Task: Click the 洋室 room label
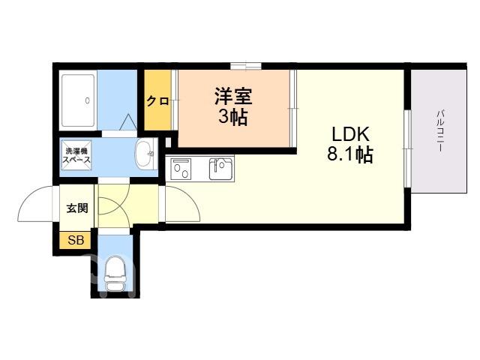(233, 97)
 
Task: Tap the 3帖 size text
(233, 117)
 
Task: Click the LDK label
(350, 134)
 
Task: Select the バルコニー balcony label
(440, 130)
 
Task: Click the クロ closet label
(157, 100)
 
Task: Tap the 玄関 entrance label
(77, 208)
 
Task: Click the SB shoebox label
(76, 240)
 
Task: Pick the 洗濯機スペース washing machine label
(76, 155)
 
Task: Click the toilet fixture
(115, 273)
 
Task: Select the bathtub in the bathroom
(78, 100)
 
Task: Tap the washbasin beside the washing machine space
(145, 154)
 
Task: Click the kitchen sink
(221, 168)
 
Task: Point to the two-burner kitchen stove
(181, 169)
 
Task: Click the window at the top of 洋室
(246, 66)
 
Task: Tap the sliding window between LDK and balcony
(407, 148)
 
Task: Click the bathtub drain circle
(87, 100)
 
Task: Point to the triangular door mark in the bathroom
(127, 122)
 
